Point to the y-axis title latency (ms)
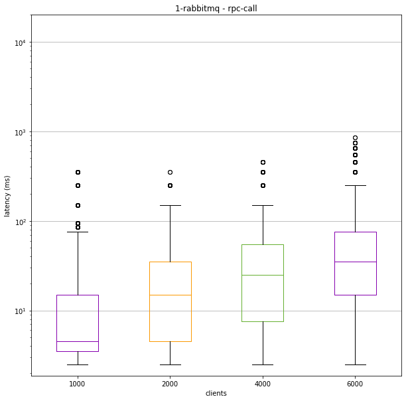click(7, 196)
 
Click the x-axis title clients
click(216, 393)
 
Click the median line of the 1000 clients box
click(78, 341)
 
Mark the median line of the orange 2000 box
click(170, 295)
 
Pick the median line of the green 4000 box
click(263, 275)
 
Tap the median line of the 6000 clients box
click(355, 262)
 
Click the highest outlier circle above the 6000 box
click(355, 138)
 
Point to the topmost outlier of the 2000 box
click(170, 172)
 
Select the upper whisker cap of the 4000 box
click(263, 205)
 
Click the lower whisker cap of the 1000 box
click(78, 364)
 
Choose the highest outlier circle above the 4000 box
click(263, 162)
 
